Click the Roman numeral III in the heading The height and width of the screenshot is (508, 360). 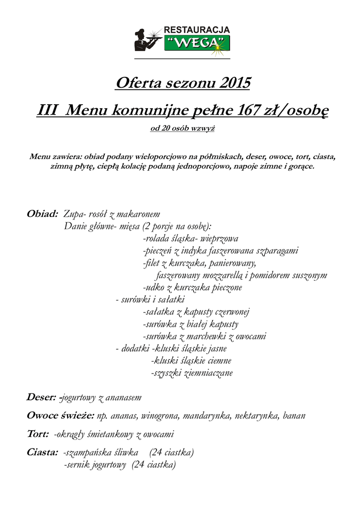(x=48, y=110)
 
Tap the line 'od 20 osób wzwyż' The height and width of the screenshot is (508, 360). (x=182, y=128)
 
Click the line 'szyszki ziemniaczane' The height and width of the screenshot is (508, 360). (x=192, y=373)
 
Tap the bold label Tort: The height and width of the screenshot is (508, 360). (x=37, y=435)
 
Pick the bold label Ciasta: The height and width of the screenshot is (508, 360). (x=42, y=452)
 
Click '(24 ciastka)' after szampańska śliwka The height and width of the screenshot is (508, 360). (x=171, y=452)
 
